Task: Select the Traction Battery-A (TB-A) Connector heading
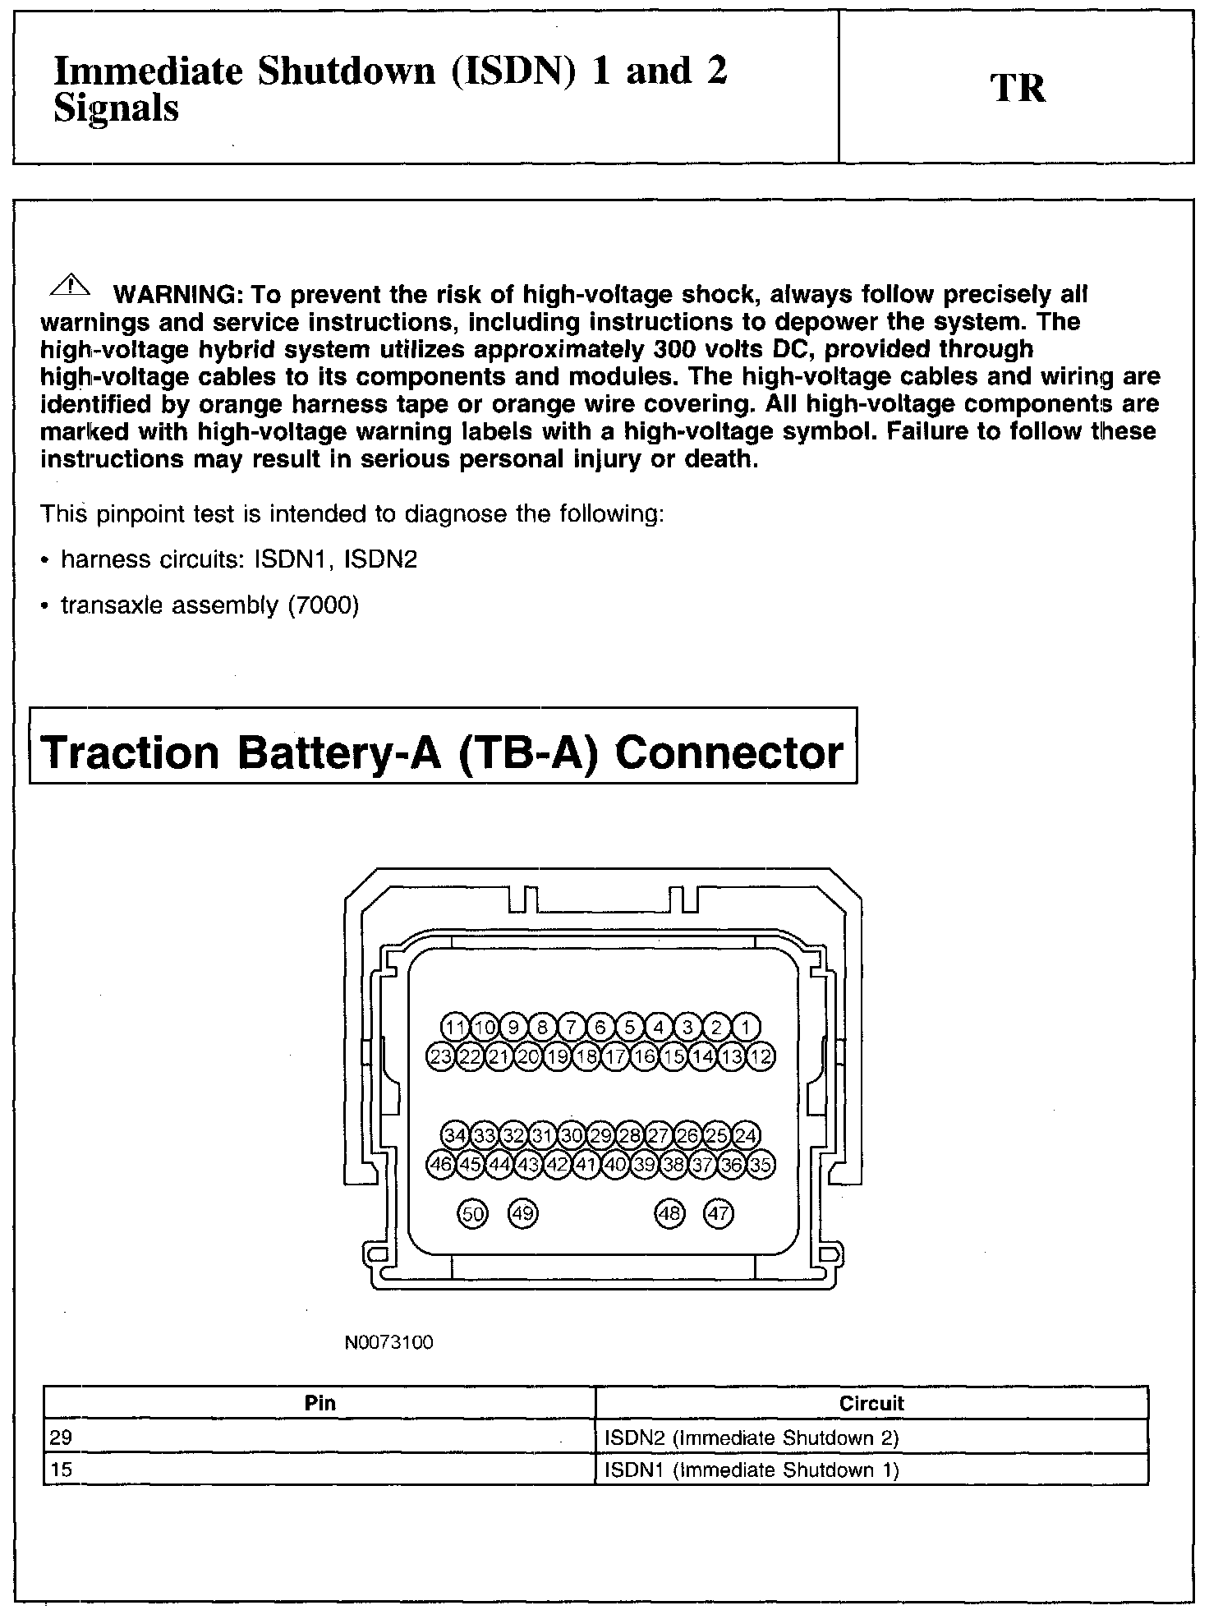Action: coord(443,752)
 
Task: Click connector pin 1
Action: coord(746,1027)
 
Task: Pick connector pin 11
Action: coord(455,1027)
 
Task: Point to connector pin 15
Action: coord(674,1056)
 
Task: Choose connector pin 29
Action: coord(601,1136)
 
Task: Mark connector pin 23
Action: coord(441,1056)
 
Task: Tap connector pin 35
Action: coord(761,1165)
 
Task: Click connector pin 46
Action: coord(441,1165)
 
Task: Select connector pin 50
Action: coord(472,1214)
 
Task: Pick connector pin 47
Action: coord(719,1214)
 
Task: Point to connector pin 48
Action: coord(669,1214)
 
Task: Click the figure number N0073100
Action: coord(388,1343)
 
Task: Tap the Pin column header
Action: coord(319,1402)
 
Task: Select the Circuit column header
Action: coord(871,1402)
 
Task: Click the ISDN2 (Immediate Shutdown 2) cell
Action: coord(752,1437)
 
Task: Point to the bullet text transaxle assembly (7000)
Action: coord(210,605)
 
